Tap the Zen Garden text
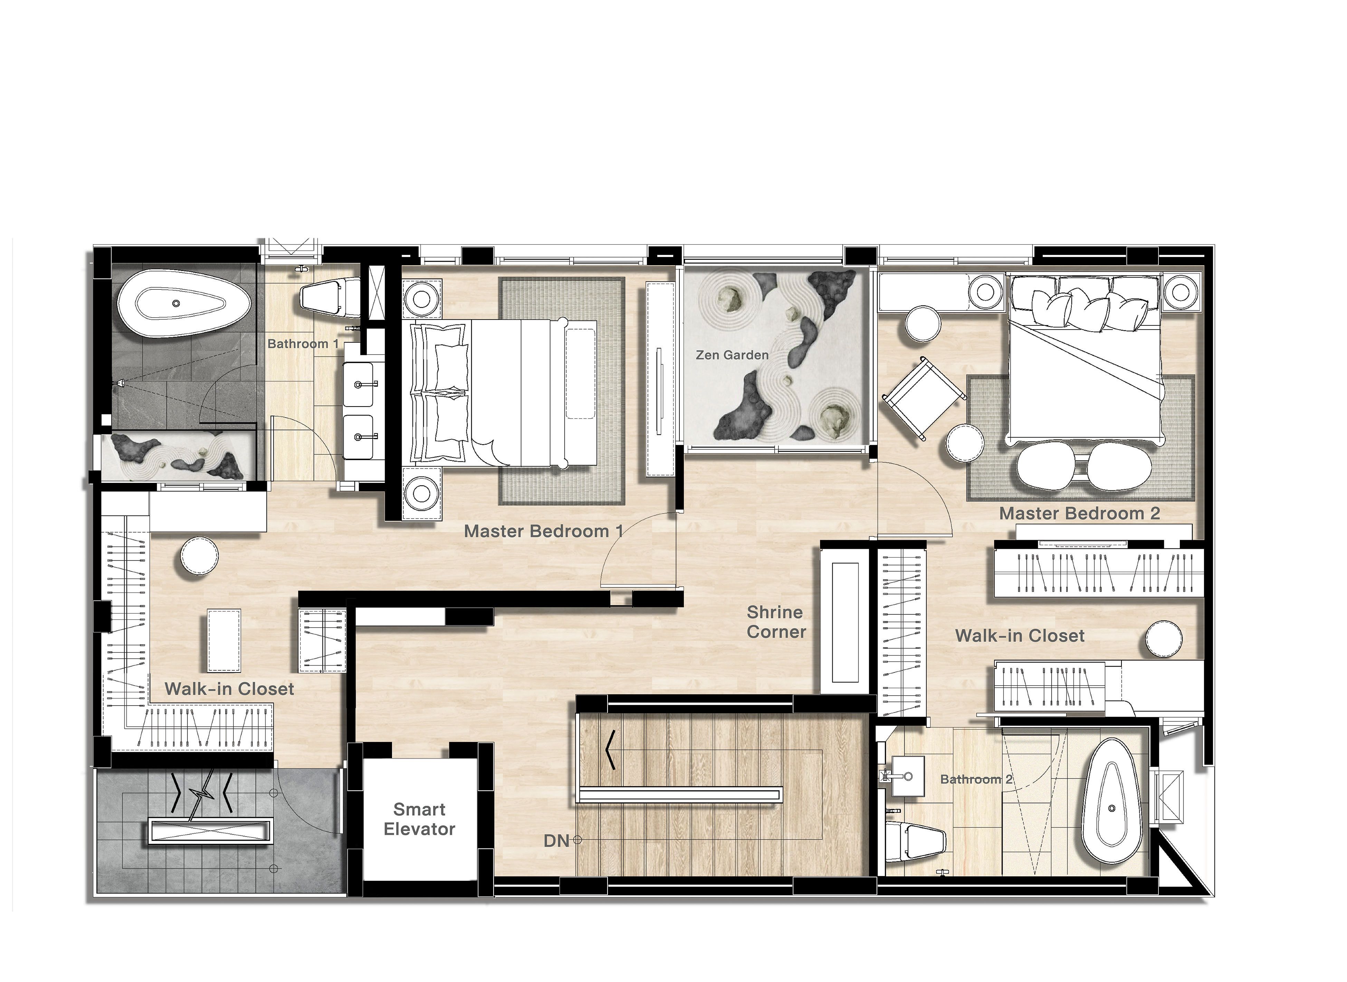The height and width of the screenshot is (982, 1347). pyautogui.click(x=732, y=355)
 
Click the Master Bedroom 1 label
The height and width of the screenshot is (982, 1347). pyautogui.click(x=543, y=531)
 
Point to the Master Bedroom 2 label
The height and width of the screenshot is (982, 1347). pyautogui.click(x=1080, y=513)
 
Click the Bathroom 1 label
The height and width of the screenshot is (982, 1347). pyautogui.click(x=303, y=344)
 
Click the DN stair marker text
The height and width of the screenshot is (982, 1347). pyautogui.click(x=556, y=840)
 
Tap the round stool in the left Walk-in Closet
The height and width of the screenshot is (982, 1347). pyautogui.click(x=199, y=556)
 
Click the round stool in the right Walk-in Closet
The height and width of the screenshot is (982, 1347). pyautogui.click(x=1163, y=639)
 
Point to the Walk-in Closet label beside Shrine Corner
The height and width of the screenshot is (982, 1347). pyautogui.click(x=1020, y=636)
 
